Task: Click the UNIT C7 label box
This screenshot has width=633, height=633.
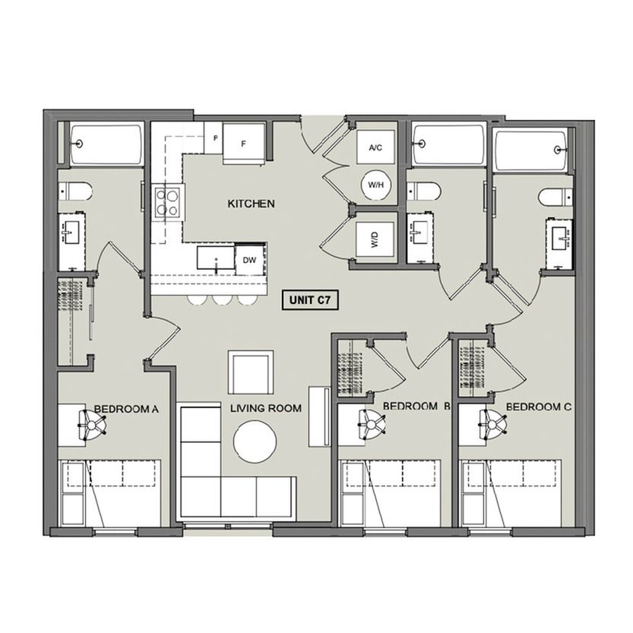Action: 309,300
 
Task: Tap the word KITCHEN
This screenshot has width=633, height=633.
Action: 251,204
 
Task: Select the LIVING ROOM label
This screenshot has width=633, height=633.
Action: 266,408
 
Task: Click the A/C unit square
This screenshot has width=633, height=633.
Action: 375,147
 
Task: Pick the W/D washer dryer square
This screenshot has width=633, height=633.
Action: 375,239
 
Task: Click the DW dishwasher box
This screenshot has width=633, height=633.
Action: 249,260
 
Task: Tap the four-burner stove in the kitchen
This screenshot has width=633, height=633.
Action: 167,203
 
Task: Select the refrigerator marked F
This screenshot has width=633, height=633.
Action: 244,144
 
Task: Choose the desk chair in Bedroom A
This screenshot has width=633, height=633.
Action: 93,425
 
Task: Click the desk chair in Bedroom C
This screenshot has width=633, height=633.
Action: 492,424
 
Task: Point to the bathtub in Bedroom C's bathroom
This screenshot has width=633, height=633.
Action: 531,150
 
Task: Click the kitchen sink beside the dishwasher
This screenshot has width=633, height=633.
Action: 216,258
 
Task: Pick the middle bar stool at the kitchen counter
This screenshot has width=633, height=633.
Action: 222,299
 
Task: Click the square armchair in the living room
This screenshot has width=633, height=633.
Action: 251,372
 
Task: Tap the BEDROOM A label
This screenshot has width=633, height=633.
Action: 126,410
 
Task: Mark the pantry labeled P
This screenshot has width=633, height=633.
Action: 214,138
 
